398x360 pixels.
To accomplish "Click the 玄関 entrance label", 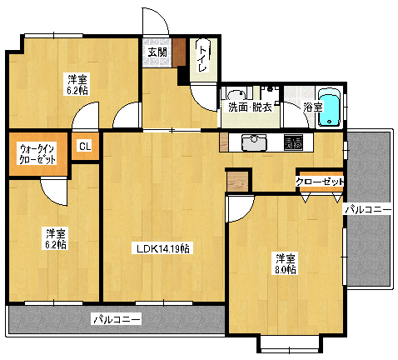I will pyautogui.click(x=157, y=52).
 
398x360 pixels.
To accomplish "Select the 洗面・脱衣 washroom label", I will pyautogui.click(x=250, y=107).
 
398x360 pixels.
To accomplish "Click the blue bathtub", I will pyautogui.click(x=331, y=109).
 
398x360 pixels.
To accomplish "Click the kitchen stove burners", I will pyautogui.click(x=294, y=142).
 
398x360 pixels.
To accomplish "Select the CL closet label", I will pyautogui.click(x=84, y=147).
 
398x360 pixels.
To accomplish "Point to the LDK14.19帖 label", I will pyautogui.click(x=163, y=248).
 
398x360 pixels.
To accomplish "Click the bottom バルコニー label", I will pyautogui.click(x=116, y=318).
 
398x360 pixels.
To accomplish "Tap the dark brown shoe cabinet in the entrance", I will pyautogui.click(x=179, y=55).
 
